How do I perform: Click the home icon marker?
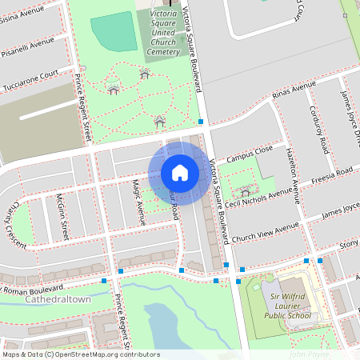point(180,173)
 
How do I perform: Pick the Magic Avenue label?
point(138,200)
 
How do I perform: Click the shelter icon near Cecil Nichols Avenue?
point(245,192)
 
